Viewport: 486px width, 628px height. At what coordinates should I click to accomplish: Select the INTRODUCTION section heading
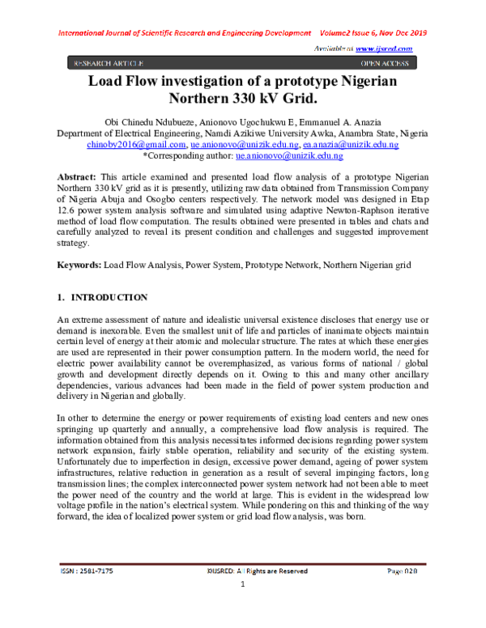(110, 299)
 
